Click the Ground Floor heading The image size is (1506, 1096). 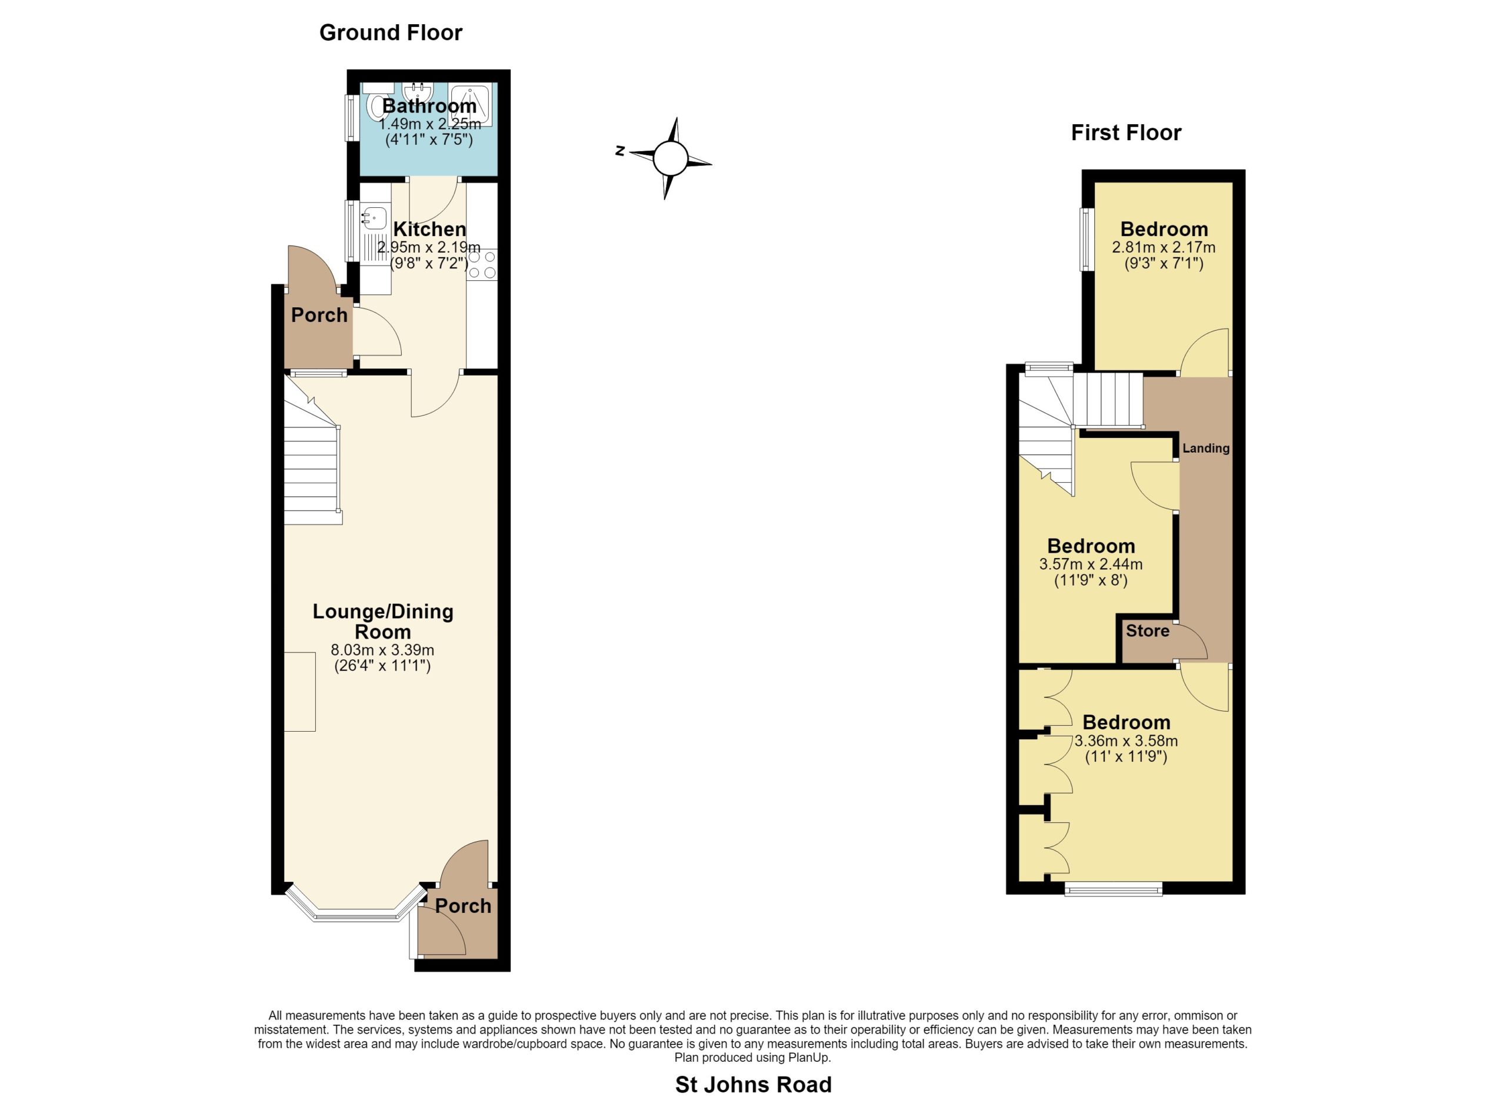391,32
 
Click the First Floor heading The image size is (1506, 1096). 1126,133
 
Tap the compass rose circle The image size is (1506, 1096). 670,158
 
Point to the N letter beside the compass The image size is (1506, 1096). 619,151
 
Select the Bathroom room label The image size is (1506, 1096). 429,105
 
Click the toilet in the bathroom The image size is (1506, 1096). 376,107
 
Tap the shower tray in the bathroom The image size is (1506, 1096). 470,105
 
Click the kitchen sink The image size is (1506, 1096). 375,217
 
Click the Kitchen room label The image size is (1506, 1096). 429,229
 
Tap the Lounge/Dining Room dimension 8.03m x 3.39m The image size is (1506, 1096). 382,650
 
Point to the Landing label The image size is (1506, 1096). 1206,449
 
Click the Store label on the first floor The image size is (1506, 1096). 1147,630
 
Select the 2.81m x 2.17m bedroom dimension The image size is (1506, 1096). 1164,247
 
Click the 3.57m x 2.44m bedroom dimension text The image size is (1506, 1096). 1091,564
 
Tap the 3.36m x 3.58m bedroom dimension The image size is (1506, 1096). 1126,740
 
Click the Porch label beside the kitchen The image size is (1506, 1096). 319,315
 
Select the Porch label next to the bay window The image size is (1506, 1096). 464,905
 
